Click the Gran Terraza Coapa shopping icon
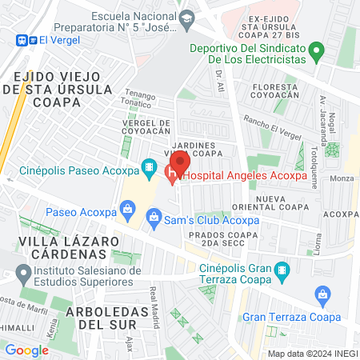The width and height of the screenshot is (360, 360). [322, 295]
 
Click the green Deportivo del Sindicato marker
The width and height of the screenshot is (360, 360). [317, 54]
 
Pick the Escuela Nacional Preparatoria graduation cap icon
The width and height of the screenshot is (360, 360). [186, 18]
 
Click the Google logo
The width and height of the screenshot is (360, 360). [26, 350]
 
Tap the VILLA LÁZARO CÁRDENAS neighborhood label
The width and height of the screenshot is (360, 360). [54, 246]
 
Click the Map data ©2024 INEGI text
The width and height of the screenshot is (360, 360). [313, 354]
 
